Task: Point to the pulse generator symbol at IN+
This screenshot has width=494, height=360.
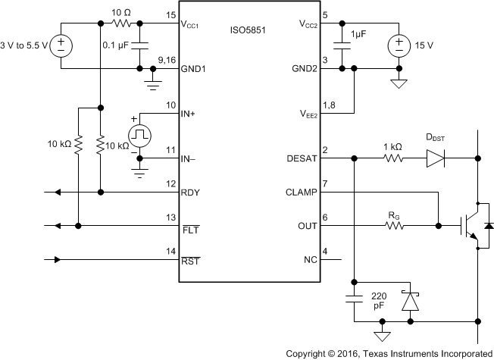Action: point(140,135)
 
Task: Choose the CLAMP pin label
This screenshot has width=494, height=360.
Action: point(299,192)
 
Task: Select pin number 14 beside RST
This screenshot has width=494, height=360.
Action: point(170,252)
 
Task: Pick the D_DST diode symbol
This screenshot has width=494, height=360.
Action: point(436,158)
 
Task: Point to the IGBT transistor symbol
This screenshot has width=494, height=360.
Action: point(474,225)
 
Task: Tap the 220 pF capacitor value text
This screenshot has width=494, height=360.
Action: point(380,301)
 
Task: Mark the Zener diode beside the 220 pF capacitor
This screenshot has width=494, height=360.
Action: point(410,301)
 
